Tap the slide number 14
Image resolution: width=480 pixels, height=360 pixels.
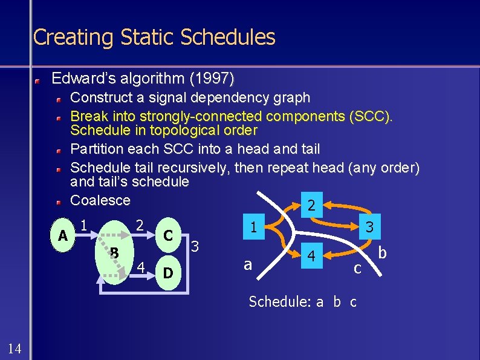point(15,348)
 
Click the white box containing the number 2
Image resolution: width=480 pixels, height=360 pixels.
point(311,206)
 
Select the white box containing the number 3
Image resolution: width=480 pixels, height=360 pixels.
point(368,228)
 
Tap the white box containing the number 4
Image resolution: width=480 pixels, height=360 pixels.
point(311,256)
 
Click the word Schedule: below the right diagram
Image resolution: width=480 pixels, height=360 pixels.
point(279,301)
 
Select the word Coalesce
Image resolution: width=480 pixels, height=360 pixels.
point(100,200)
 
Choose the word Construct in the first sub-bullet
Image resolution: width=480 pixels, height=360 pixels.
point(100,97)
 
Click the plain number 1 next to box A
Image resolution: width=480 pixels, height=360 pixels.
point(85,224)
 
